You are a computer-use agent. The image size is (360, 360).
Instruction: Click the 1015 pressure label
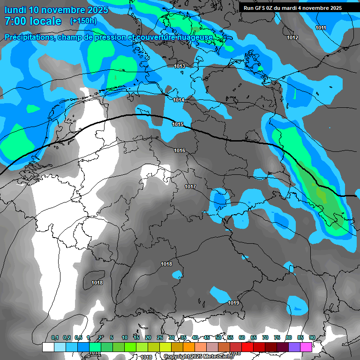(x=178, y=124)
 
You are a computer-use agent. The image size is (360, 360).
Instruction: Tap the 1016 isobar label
(x=180, y=150)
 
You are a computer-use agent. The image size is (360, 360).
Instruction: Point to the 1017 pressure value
(x=190, y=187)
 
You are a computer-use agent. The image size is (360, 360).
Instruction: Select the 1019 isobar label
(x=233, y=303)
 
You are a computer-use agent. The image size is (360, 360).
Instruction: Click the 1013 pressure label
(x=180, y=67)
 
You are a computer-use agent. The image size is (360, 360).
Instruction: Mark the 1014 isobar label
(x=179, y=100)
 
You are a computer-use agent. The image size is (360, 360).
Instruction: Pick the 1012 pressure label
(x=292, y=37)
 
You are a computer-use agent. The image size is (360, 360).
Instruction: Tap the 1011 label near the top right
(x=321, y=28)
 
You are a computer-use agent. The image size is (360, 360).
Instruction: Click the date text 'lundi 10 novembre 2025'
(x=56, y=10)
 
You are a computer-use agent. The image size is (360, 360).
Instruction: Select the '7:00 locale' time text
(x=33, y=21)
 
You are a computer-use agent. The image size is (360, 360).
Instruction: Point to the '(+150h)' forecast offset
(x=83, y=21)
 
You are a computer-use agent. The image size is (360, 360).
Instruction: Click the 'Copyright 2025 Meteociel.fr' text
(x=199, y=357)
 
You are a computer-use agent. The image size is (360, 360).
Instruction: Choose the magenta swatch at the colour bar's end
(x=306, y=347)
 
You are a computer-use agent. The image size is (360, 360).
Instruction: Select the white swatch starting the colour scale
(x=48, y=347)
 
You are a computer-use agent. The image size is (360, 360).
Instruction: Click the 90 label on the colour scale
(x=312, y=337)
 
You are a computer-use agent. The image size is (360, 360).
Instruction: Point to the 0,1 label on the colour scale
(x=54, y=337)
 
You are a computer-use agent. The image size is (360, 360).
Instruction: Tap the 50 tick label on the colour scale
(x=218, y=337)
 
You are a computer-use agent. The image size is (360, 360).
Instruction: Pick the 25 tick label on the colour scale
(x=160, y=337)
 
